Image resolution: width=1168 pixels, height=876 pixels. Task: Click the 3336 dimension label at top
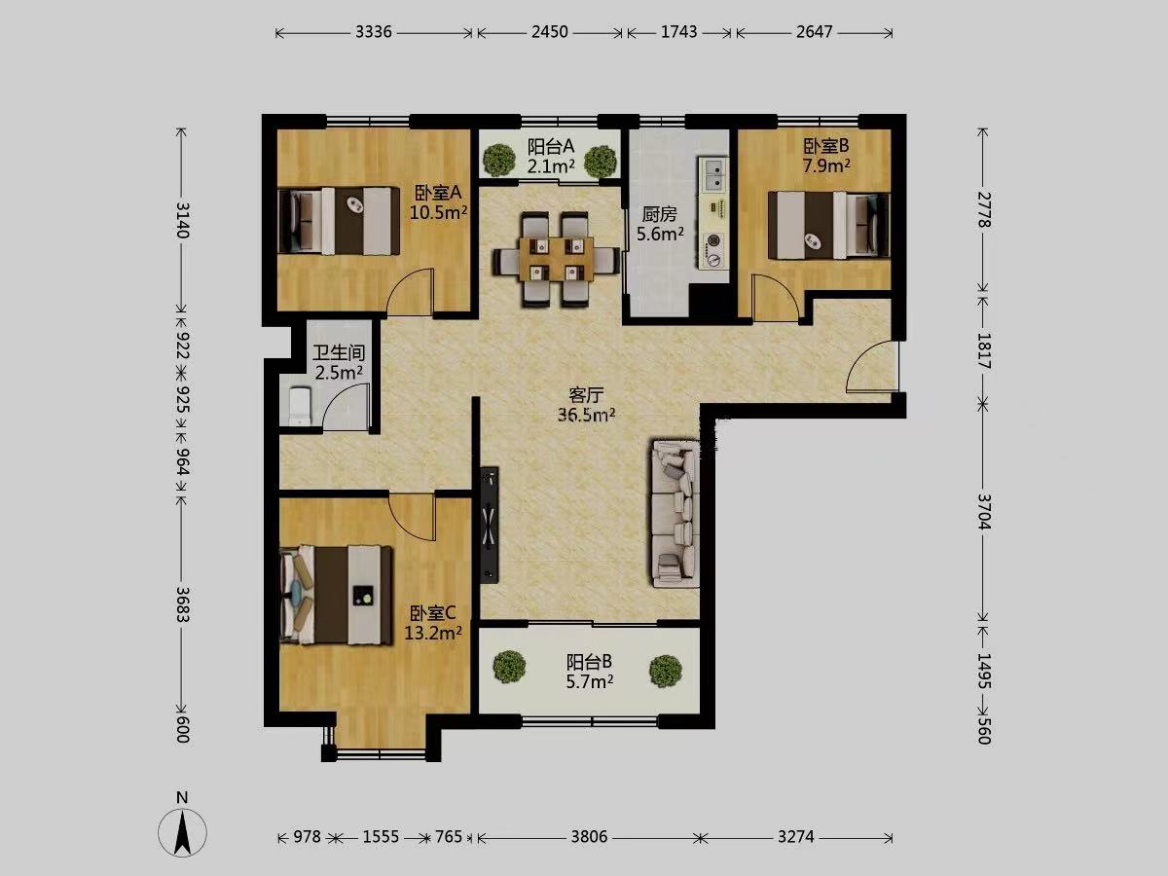pyautogui.click(x=374, y=32)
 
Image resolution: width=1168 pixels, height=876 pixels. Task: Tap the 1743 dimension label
pyautogui.click(x=679, y=32)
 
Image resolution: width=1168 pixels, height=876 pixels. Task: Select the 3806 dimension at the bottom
pyautogui.click(x=589, y=837)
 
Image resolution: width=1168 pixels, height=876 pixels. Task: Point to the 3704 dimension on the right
pyautogui.click(x=983, y=511)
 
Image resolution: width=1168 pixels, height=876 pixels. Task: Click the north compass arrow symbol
pyautogui.click(x=183, y=833)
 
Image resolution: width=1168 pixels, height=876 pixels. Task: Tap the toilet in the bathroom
pyautogui.click(x=300, y=406)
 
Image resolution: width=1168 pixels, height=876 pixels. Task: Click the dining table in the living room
pyautogui.click(x=556, y=259)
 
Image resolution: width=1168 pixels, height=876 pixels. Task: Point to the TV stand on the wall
pyautogui.click(x=490, y=526)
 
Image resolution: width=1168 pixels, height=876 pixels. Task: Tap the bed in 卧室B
pyautogui.click(x=828, y=226)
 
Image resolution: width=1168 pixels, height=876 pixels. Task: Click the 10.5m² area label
pyautogui.click(x=438, y=213)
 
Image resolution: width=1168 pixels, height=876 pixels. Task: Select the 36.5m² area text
pyautogui.click(x=586, y=415)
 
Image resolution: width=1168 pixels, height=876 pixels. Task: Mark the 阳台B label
pyautogui.click(x=589, y=662)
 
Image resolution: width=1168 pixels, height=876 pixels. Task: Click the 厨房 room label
pyautogui.click(x=660, y=214)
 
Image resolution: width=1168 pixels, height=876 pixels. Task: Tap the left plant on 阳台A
pyautogui.click(x=499, y=160)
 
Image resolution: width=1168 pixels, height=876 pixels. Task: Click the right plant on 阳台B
pyautogui.click(x=666, y=671)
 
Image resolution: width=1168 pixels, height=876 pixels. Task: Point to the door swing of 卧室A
pyautogui.click(x=411, y=291)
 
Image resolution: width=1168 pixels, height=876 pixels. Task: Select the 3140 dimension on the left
pyautogui.click(x=182, y=220)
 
